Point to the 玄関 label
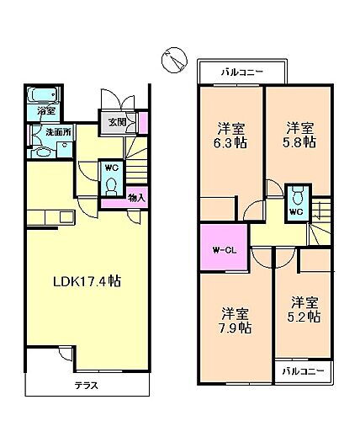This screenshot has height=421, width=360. (x=117, y=122)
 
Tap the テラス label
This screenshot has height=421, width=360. (x=86, y=386)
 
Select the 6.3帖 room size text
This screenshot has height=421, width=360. (x=231, y=143)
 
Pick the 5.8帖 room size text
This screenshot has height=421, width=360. (x=299, y=143)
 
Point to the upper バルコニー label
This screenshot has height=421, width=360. (x=241, y=72)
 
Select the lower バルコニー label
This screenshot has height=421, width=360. (x=304, y=370)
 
